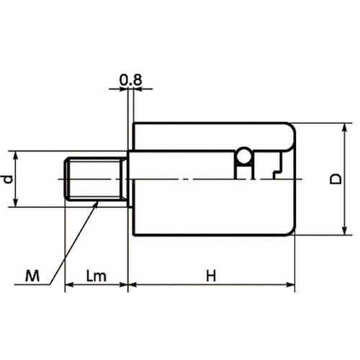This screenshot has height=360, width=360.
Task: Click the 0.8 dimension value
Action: [x=131, y=80]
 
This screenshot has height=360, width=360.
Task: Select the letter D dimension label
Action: [x=336, y=179]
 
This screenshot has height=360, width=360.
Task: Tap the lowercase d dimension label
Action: [x=9, y=179]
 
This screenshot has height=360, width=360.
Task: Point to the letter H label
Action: [x=211, y=276]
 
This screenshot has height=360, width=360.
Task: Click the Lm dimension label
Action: [x=96, y=276]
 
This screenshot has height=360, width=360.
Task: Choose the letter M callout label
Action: [x=32, y=276]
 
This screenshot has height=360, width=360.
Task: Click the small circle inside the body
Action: [x=244, y=156]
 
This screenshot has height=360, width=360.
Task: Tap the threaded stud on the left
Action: [x=95, y=179]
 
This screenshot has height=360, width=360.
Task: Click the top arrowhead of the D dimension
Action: [x=345, y=127]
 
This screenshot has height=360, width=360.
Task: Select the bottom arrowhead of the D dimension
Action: [x=345, y=230]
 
